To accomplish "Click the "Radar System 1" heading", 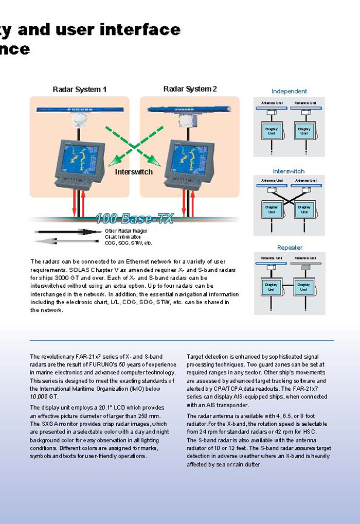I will tap(80, 90).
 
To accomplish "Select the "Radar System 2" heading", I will tap(190, 89).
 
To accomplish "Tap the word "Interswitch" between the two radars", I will tap(134, 172).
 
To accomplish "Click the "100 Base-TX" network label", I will tap(134, 219).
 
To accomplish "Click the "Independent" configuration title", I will tap(289, 92).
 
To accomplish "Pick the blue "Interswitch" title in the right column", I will tap(289, 171).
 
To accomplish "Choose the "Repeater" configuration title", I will tap(290, 248).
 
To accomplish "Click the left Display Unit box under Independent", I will tap(272, 131).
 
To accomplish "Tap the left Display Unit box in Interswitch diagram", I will tap(272, 209).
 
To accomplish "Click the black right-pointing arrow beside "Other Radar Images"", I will tap(62, 232).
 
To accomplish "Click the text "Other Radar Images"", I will tap(126, 231).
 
